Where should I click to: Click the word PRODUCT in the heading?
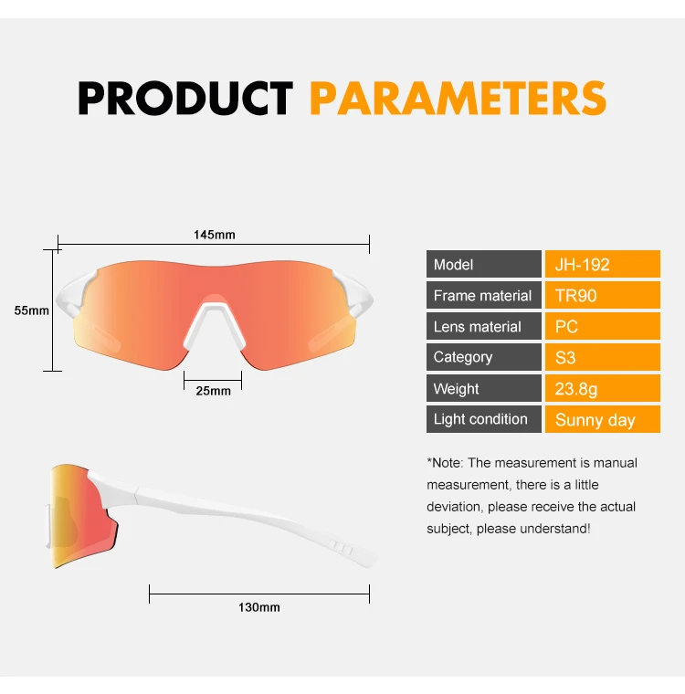click(185, 99)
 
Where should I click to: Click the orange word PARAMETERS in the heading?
click(458, 99)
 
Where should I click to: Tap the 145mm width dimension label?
click(215, 235)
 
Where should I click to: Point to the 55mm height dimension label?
click(31, 310)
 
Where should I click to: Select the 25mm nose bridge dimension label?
click(214, 391)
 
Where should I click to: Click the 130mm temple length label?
click(259, 607)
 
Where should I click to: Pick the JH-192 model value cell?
click(603, 264)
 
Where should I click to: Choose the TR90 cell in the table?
click(603, 295)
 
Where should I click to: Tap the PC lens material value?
click(603, 326)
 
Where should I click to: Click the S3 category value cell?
click(603, 357)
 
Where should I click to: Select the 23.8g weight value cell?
click(603, 388)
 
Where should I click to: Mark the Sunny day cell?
click(603, 419)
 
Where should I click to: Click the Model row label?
click(484, 264)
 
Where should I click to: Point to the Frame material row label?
click(484, 295)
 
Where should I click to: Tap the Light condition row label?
click(484, 419)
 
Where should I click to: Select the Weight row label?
click(484, 388)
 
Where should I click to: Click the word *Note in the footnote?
click(445, 463)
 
